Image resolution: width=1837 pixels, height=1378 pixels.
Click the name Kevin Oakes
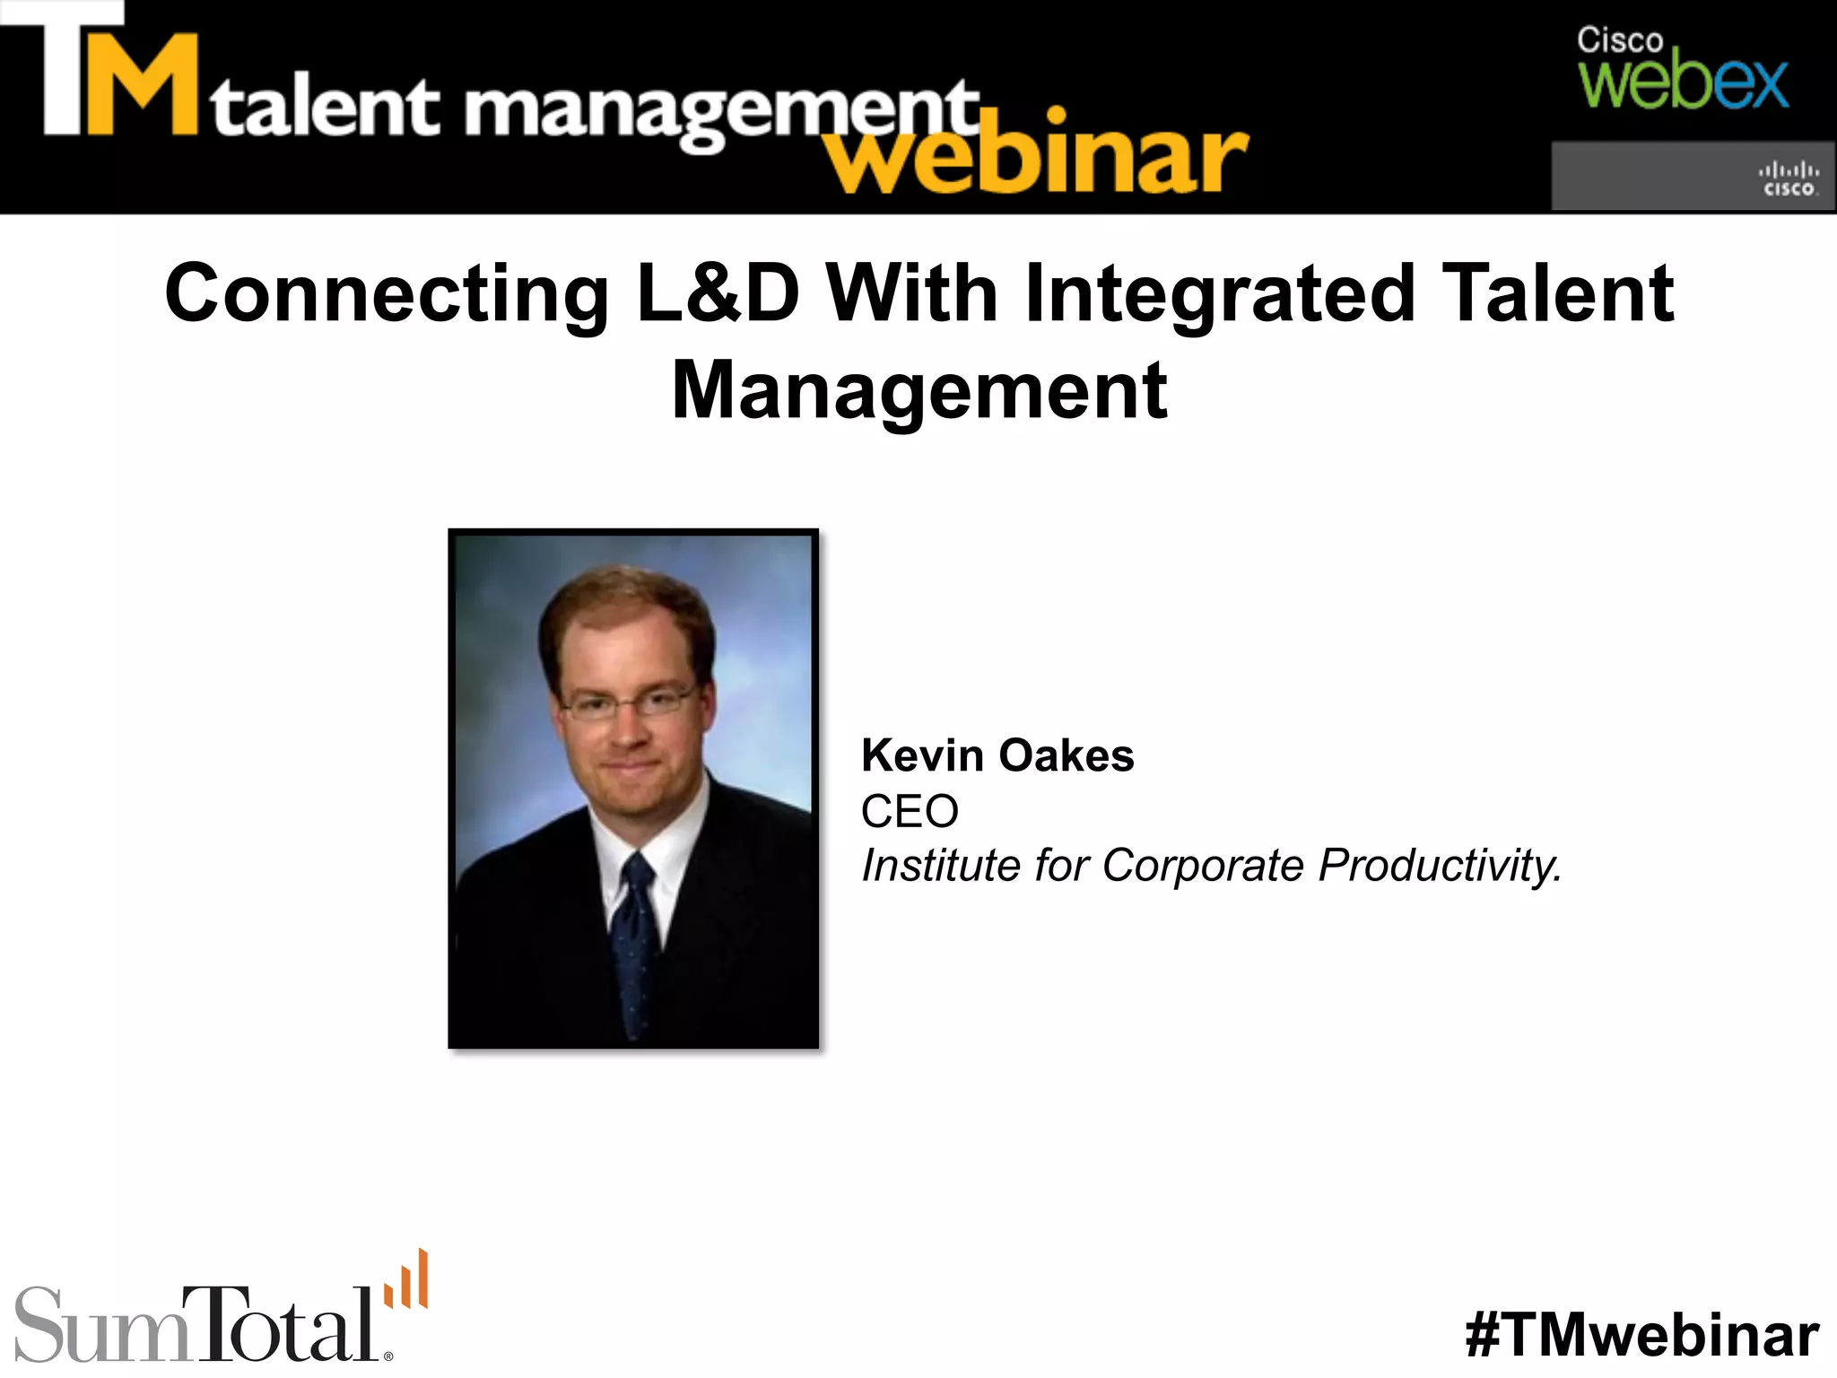click(x=997, y=755)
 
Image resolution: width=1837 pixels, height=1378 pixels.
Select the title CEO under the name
click(x=910, y=811)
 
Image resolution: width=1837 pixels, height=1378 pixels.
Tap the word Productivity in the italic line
click(x=1440, y=866)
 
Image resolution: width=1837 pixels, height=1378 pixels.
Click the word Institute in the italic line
click(x=940, y=866)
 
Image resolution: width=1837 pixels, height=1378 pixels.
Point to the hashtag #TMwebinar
click(x=1642, y=1335)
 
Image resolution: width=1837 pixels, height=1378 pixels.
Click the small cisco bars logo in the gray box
click(x=1789, y=179)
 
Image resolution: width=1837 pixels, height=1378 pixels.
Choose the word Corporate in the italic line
click(x=1203, y=866)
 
